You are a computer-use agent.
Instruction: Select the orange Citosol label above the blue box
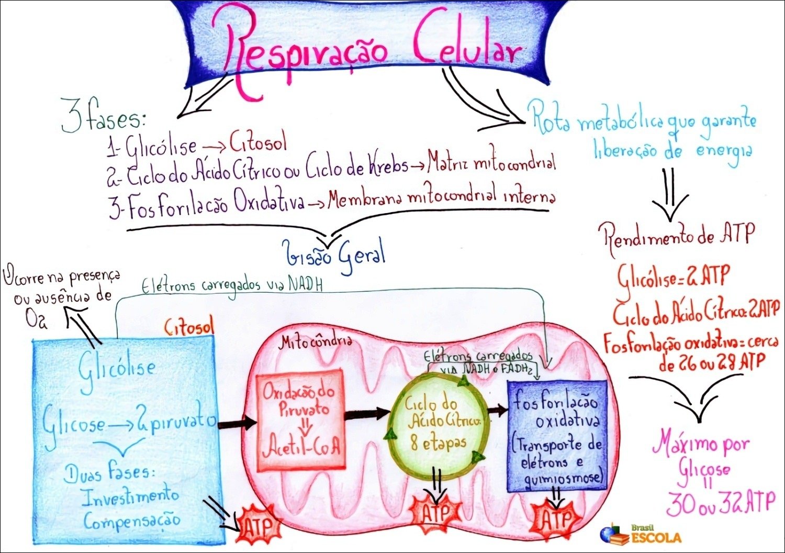click(189, 328)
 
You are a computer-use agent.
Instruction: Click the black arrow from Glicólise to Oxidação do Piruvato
click(237, 423)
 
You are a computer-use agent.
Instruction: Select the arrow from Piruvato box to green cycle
click(367, 414)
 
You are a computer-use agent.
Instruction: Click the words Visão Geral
click(335, 255)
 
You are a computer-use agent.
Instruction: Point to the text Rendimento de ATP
click(679, 236)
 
